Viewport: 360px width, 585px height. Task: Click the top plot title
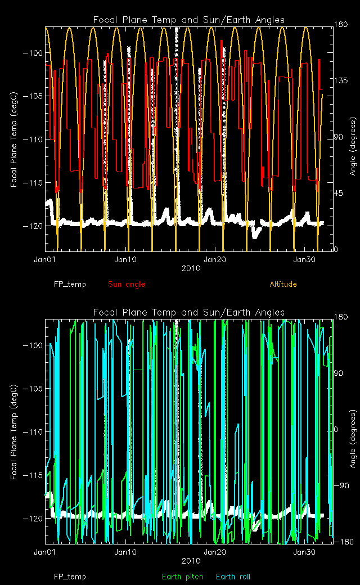pos(189,20)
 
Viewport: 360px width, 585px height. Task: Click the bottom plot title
pos(189,313)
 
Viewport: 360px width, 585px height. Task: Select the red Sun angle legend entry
pos(127,284)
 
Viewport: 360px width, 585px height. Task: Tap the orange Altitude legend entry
pos(283,284)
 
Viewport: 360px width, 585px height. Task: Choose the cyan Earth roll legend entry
pos(233,577)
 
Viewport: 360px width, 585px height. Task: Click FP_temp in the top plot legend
pos(70,284)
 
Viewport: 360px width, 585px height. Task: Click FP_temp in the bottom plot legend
pos(70,577)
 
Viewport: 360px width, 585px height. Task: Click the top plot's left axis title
pos(13,138)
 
